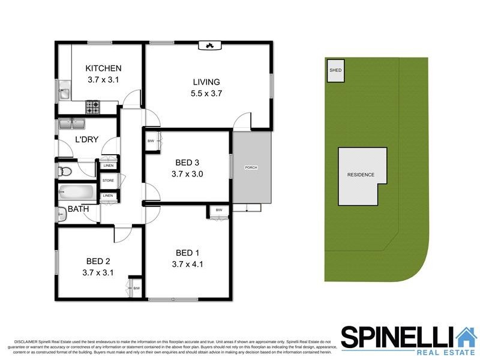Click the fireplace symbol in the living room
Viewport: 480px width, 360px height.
[x=209, y=44]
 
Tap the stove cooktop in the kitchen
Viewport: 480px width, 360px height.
[x=93, y=107]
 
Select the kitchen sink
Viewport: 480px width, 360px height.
[x=64, y=93]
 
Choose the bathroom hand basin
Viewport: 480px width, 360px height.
[x=62, y=212]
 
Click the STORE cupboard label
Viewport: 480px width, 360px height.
[x=108, y=180]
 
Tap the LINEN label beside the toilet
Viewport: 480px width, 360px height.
[x=108, y=165]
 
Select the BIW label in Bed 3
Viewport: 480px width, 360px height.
[x=151, y=141]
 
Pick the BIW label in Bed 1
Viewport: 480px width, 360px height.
[x=218, y=211]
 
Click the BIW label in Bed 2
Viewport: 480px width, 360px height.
[x=136, y=289]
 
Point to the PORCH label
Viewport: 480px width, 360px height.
[x=251, y=167]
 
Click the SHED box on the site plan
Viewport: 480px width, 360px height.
[x=335, y=71]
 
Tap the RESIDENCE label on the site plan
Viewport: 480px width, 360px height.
[x=361, y=175]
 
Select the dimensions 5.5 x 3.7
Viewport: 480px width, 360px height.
[x=206, y=94]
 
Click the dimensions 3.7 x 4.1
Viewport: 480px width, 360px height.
[x=188, y=263]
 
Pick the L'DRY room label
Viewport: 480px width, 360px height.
[x=86, y=140]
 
